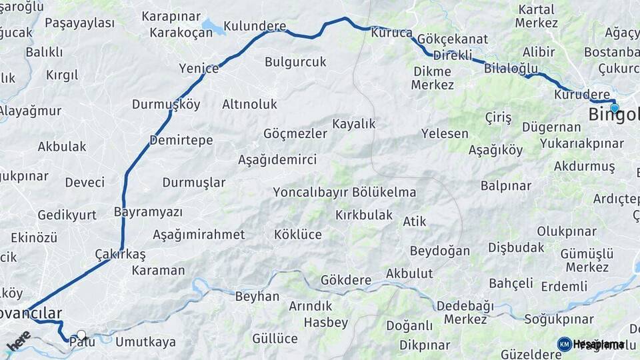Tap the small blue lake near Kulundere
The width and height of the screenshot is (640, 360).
[x=213, y=27]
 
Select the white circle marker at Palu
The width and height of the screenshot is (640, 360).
[x=81, y=335]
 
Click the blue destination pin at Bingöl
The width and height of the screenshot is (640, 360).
[x=614, y=107]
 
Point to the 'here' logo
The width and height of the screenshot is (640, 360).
[x=18, y=341]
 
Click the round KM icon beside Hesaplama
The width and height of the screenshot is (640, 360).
[x=564, y=344]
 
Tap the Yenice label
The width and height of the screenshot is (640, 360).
[x=199, y=68]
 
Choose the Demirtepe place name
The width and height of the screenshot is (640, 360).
[x=181, y=140]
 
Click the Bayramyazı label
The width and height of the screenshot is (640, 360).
[x=148, y=212]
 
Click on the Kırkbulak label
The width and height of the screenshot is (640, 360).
[x=364, y=215]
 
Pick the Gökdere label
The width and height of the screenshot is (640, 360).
[x=345, y=280]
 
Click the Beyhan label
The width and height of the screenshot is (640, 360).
[x=257, y=297]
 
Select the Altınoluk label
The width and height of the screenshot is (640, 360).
[x=249, y=104]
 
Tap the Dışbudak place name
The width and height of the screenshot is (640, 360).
[x=516, y=247]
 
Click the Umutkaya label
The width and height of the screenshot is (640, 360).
[x=145, y=342]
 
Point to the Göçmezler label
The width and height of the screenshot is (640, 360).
[x=295, y=133]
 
